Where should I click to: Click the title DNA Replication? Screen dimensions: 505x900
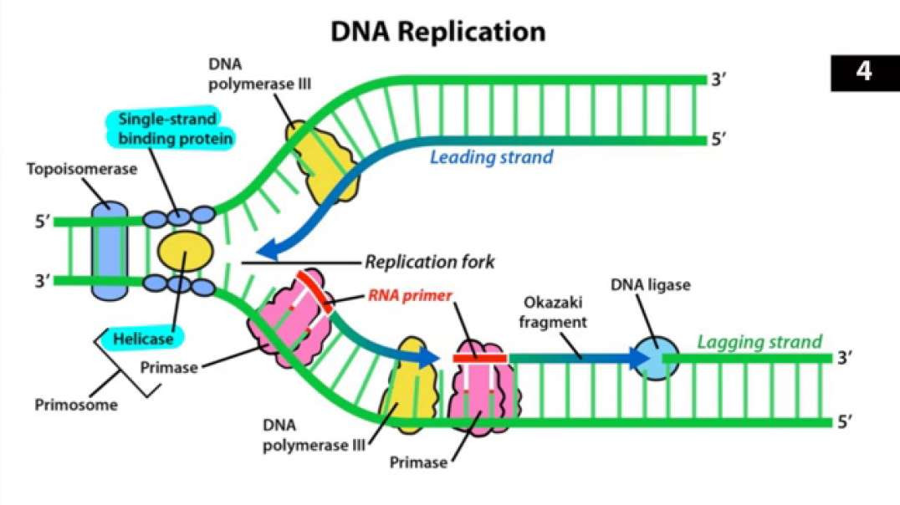click(438, 32)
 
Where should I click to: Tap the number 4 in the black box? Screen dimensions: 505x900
click(864, 72)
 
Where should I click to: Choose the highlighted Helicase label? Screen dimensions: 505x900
click(145, 339)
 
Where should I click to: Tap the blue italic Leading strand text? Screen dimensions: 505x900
click(491, 156)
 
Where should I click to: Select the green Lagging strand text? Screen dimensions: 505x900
click(759, 342)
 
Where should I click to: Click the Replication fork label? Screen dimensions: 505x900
click(429, 263)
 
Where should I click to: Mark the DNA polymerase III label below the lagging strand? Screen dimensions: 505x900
click(314, 436)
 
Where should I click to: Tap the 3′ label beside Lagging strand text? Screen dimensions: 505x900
click(846, 358)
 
